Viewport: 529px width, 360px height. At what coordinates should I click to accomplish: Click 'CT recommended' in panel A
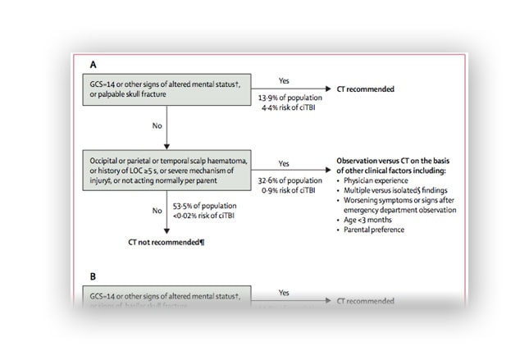pyautogui.click(x=365, y=88)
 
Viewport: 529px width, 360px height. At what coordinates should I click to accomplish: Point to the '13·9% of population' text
pyautogui.click(x=285, y=98)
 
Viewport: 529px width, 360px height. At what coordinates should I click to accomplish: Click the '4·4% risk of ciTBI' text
pyautogui.click(x=285, y=107)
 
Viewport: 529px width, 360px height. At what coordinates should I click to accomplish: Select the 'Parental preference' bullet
pyautogui.click(x=381, y=230)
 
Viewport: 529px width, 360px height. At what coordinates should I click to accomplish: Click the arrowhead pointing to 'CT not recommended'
pyautogui.click(x=167, y=231)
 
